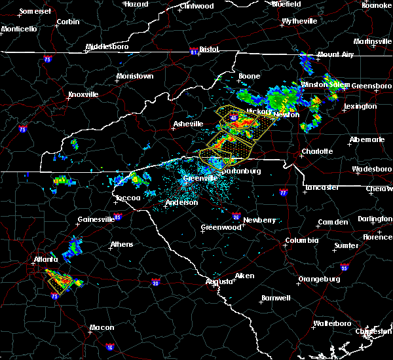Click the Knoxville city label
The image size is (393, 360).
(x=83, y=94)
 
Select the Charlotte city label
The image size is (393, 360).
(x=317, y=151)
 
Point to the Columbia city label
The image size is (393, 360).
(x=301, y=240)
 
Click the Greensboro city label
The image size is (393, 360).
(x=371, y=86)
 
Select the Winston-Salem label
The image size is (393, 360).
(x=325, y=85)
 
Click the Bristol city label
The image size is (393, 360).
(x=208, y=49)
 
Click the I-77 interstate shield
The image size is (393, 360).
(x=283, y=193)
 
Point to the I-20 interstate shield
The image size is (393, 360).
(x=155, y=283)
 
